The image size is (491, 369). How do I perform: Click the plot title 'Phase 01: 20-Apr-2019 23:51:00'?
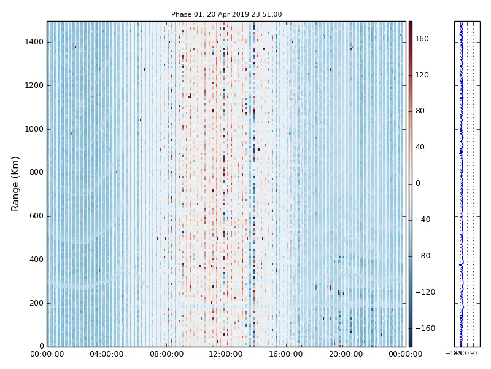[x=226, y=14]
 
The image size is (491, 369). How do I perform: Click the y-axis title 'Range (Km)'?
[x=16, y=183]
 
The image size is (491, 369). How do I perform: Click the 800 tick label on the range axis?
[x=36, y=173]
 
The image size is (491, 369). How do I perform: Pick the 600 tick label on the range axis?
[x=36, y=216]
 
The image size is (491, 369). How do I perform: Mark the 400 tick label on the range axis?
[x=36, y=260]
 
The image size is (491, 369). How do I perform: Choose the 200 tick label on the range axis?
[x=36, y=303]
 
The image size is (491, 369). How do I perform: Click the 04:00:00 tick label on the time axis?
[x=106, y=354]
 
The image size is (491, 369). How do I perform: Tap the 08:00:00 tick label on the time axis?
[x=166, y=354]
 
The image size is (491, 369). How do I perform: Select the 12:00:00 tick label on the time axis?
[x=226, y=354]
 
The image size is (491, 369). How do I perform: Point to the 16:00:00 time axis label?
[x=286, y=354]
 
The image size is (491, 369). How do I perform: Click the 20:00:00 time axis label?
[x=346, y=354]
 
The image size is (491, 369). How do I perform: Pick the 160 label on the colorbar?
[x=422, y=39]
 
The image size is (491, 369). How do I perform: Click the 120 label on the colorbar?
[x=422, y=75]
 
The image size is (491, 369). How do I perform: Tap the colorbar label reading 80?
[x=420, y=111]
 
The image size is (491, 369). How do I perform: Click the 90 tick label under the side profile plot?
[x=473, y=354]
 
